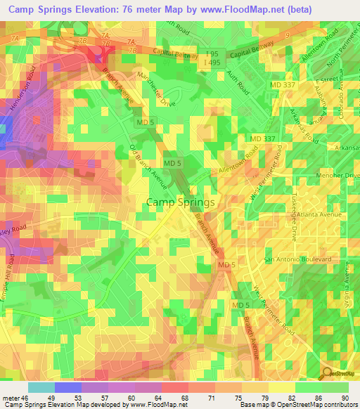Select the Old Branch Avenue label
coord(148,167)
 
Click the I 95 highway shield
coord(212,53)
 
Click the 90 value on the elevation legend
coord(345,398)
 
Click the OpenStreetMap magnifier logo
coord(328,374)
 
